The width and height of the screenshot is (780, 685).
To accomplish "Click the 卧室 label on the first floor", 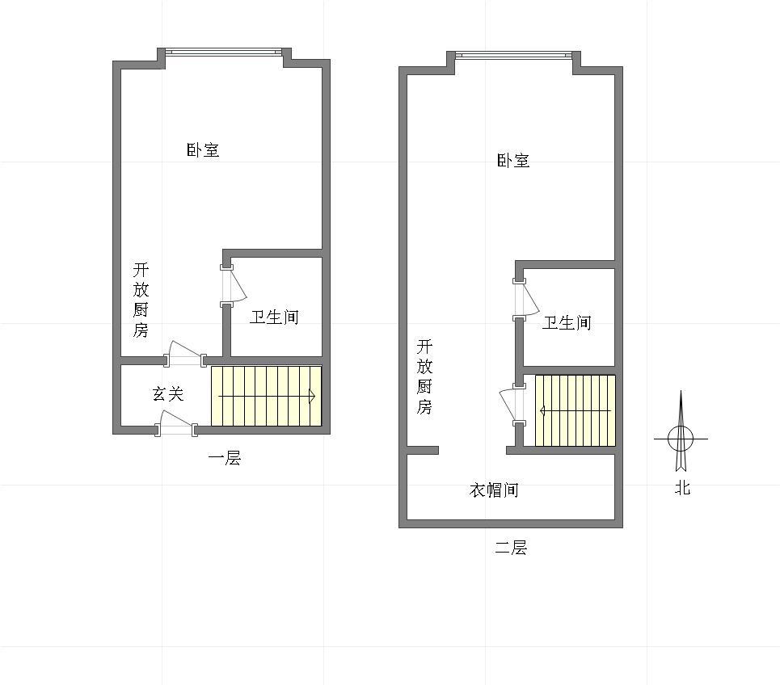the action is point(203,149).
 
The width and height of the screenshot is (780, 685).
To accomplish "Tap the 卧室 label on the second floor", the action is point(513,160).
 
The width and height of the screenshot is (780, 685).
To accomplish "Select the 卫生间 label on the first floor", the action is point(274,317).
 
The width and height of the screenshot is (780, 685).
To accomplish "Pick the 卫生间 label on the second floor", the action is point(567,322).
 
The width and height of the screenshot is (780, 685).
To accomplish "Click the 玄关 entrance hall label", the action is point(168,393).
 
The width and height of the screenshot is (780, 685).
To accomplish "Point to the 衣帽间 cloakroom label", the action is point(494,490).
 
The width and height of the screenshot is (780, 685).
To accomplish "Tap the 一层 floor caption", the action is point(225,458).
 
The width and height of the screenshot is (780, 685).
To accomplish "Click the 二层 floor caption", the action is point(511,548).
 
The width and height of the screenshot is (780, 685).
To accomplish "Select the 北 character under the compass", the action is point(682,488).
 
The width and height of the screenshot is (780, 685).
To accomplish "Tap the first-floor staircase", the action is point(266,396).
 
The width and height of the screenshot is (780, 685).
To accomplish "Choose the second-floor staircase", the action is point(575,410).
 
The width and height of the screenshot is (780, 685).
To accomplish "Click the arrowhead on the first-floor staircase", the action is point(312,396).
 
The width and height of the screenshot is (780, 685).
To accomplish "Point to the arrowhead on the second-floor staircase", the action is point(542,410).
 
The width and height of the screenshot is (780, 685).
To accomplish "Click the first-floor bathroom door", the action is point(233,285).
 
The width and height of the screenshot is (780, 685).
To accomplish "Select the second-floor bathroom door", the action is point(526,299).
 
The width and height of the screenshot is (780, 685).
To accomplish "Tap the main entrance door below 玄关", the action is point(175,423).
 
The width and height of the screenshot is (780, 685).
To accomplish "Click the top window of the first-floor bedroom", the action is point(224,51).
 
